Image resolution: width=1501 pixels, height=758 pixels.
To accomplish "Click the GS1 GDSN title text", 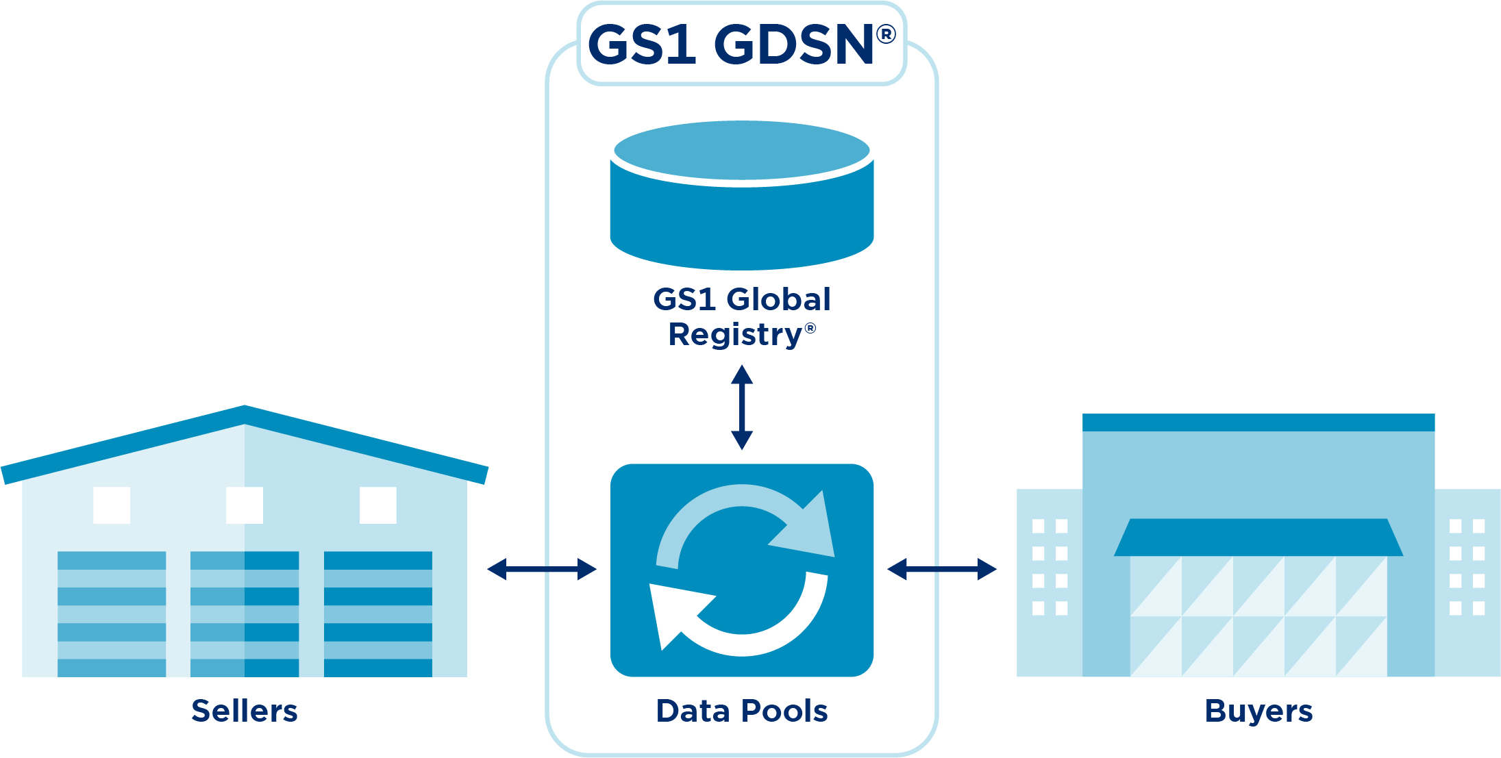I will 730,45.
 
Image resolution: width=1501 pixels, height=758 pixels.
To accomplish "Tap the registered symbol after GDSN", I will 886,34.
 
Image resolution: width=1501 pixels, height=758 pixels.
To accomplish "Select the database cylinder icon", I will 742,196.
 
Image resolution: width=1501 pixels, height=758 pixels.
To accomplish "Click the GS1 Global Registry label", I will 742,316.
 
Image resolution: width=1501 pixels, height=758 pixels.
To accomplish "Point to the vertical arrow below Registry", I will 742,407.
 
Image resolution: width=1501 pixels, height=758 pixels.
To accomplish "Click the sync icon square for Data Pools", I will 742,570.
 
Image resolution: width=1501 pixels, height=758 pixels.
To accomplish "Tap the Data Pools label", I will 742,711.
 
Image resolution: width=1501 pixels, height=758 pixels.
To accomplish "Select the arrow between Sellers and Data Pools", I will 542,569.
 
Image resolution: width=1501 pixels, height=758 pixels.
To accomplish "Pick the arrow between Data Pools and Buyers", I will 942,569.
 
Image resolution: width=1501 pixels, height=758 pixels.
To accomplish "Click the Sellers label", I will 245,711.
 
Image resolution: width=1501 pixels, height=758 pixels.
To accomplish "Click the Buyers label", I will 1258,711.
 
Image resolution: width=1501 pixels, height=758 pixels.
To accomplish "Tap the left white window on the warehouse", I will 112,505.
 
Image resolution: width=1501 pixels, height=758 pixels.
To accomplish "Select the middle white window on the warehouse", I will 245,505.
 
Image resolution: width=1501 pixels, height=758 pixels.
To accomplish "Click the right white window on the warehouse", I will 378,505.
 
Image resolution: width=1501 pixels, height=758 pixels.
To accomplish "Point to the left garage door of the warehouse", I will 112,614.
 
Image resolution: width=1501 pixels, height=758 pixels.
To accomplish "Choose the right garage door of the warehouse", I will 378,614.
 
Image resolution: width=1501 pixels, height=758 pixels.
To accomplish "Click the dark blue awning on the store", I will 1258,538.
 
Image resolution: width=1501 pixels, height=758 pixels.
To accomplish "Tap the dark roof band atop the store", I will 1258,422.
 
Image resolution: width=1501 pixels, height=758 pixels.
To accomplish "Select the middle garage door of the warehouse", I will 245,614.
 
